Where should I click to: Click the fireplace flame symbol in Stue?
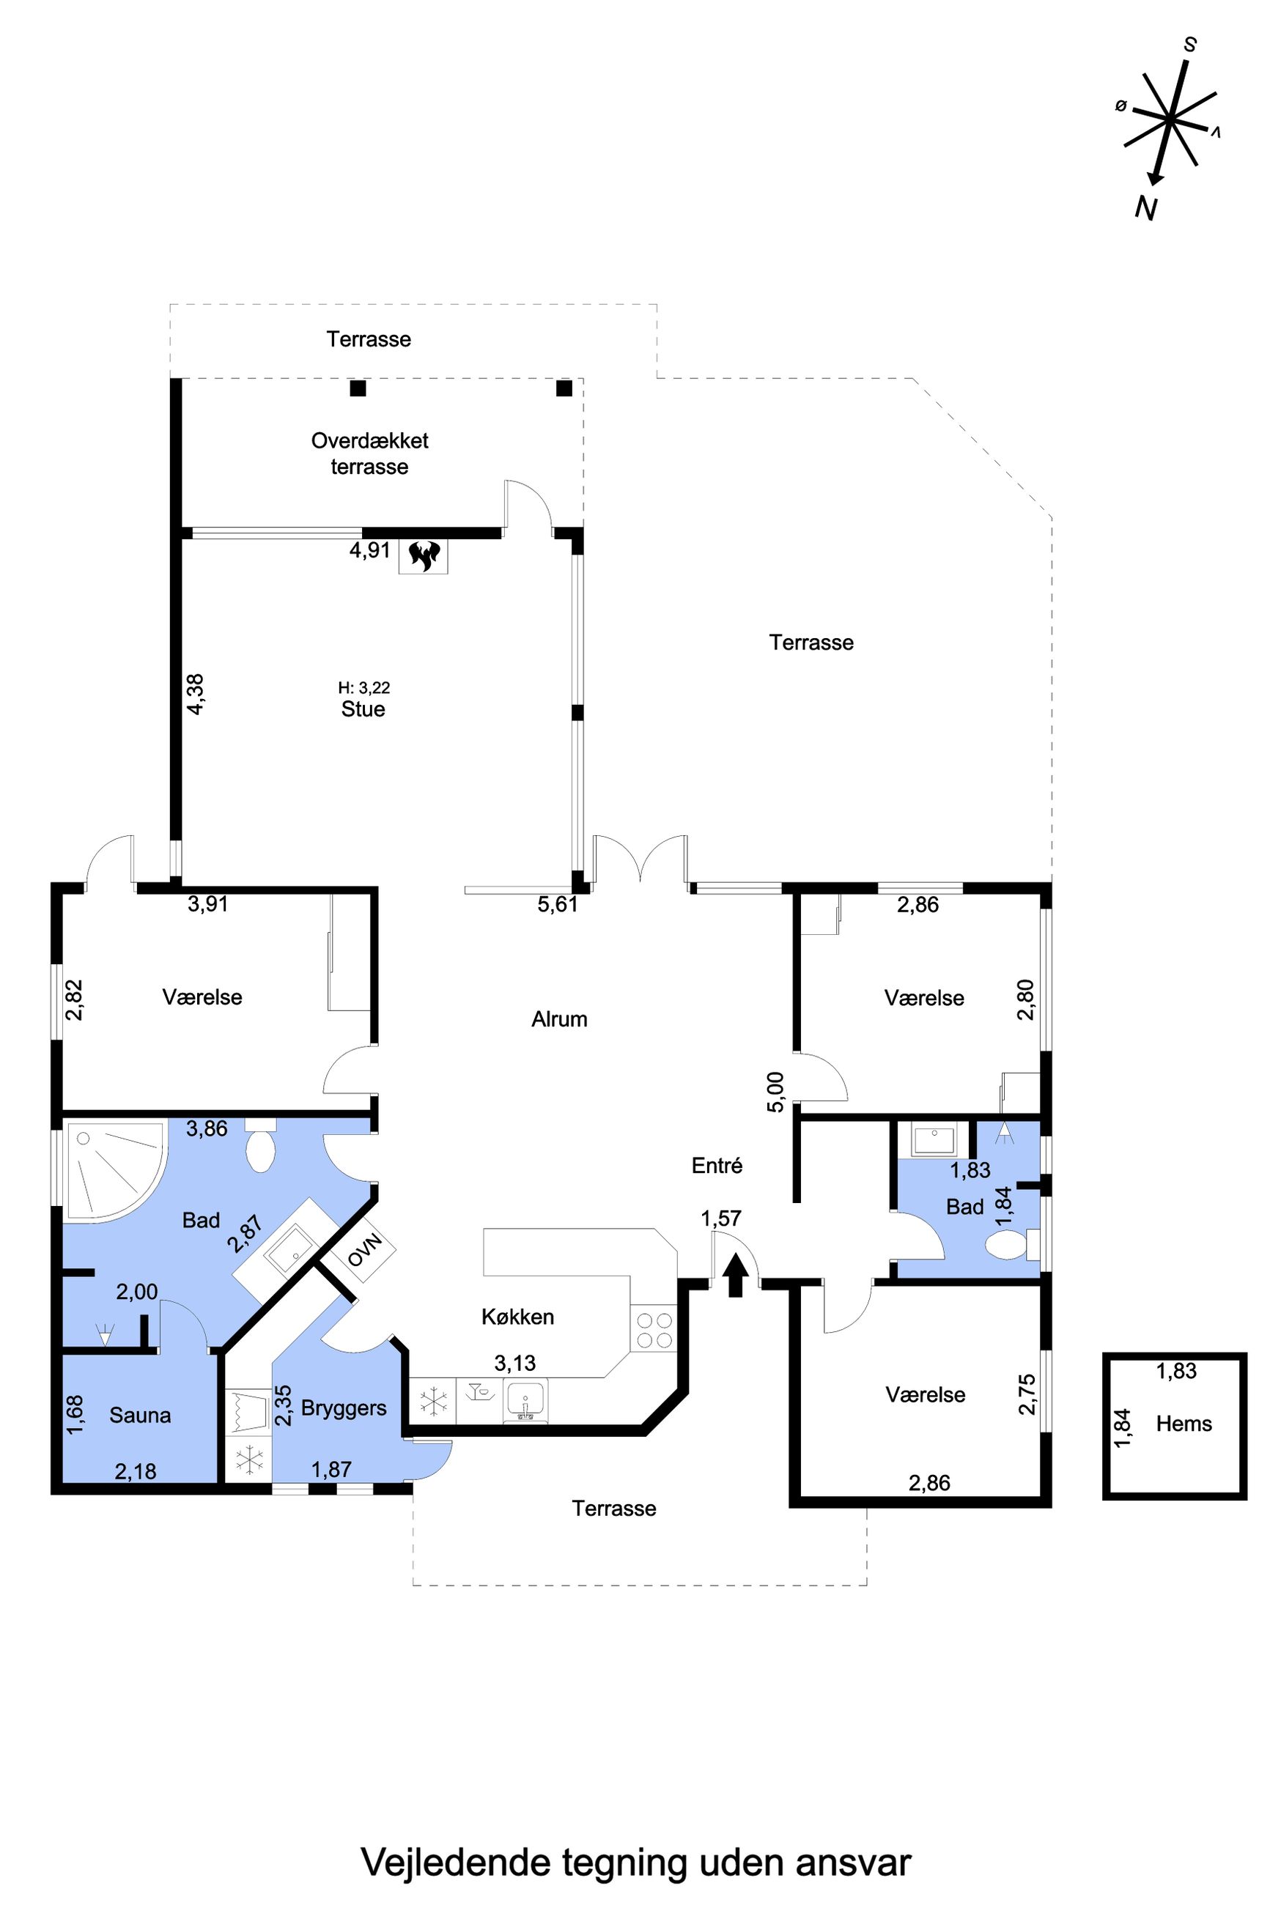pos(424,556)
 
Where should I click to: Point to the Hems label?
pos(1184,1424)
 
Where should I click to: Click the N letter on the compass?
pos(1145,208)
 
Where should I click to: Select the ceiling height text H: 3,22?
pos(363,687)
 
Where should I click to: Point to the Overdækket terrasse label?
pos(369,454)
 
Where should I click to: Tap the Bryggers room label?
pos(344,1408)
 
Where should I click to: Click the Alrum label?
pos(559,1018)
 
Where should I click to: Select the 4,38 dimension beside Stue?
pos(195,694)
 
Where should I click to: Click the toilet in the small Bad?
pos(1013,1244)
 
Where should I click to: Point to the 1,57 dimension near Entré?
pos(721,1218)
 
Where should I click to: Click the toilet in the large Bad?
pos(260,1146)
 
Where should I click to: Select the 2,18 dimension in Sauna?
pos(136,1471)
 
